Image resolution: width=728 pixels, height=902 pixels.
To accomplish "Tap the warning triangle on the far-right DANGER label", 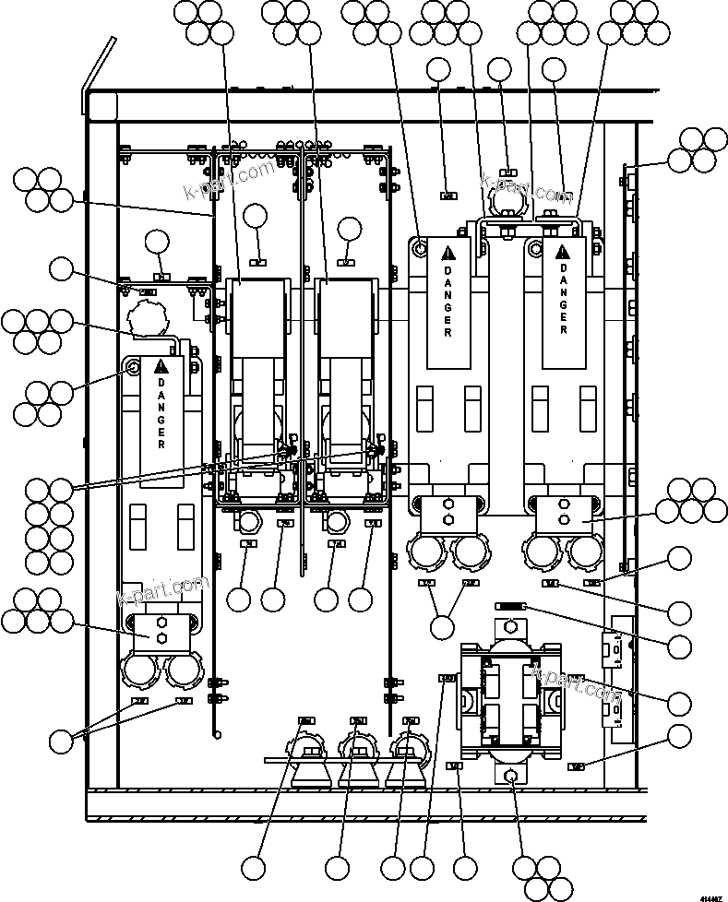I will pyautogui.click(x=563, y=251).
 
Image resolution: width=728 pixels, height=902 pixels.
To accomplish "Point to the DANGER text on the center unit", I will pyautogui.click(x=448, y=300).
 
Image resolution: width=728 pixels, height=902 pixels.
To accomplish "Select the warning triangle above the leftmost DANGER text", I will pyautogui.click(x=161, y=363).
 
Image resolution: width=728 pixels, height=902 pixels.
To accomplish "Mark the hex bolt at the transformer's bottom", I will pyautogui.click(x=509, y=776).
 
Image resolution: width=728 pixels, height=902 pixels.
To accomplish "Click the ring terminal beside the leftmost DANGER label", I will pyautogui.click(x=135, y=367).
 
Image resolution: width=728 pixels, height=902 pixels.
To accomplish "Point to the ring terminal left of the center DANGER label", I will pyautogui.click(x=421, y=247).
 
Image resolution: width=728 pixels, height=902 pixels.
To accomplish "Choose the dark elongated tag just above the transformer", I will pyautogui.click(x=510, y=606).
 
